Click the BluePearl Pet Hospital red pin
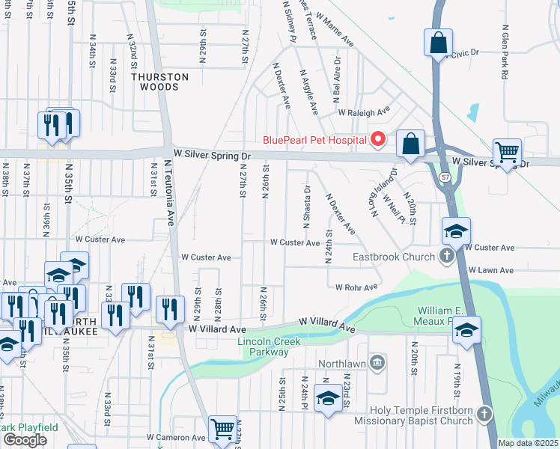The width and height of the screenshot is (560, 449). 378,139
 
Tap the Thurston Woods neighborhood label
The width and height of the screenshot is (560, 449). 159,82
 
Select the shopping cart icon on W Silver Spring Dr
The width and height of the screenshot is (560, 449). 507,153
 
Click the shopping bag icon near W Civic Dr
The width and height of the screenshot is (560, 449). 438,42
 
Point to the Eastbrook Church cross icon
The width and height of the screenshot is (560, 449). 446,257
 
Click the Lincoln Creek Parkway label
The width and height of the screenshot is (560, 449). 269,346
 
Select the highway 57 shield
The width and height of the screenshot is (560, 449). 445,177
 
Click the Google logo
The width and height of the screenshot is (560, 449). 25,440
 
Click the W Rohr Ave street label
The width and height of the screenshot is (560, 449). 356,287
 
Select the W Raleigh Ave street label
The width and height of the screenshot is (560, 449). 364,113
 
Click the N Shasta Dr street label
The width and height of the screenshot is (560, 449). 306,205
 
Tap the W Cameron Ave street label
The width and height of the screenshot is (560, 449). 176,437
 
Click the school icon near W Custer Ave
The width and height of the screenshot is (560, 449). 455,232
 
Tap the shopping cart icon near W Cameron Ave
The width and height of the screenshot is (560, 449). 222,430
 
